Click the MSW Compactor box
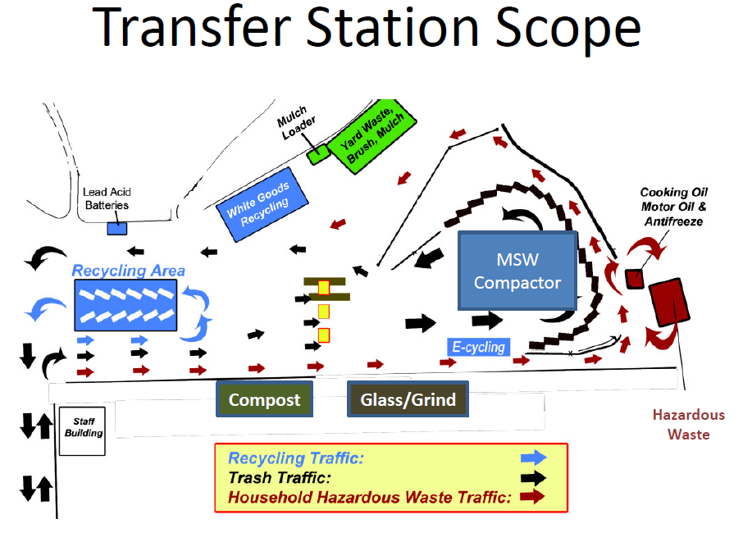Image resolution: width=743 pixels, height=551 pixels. (x=517, y=271)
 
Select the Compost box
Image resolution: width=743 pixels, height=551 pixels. (x=264, y=400)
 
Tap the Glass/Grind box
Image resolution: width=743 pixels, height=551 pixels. (x=408, y=400)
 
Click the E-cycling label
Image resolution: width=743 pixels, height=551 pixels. (x=479, y=347)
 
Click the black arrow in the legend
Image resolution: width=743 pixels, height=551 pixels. (x=534, y=477)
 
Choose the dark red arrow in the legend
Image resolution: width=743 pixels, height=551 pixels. (x=534, y=497)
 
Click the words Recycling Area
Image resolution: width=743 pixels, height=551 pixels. (x=128, y=271)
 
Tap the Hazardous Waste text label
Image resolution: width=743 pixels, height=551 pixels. (x=688, y=425)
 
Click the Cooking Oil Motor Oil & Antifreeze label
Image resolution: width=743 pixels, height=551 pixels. (x=675, y=207)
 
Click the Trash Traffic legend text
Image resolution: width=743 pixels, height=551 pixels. (x=280, y=477)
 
